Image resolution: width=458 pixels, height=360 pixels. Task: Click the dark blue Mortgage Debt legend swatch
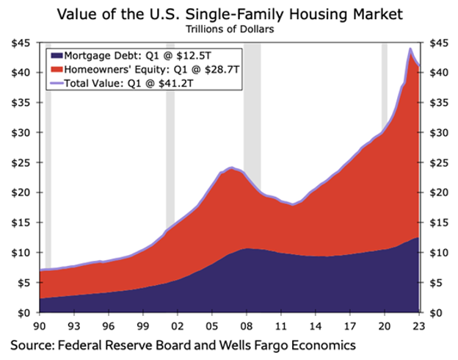click(x=56, y=56)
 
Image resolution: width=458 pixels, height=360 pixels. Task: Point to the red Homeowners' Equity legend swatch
click(x=56, y=70)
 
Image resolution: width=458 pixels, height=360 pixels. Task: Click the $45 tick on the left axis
click(x=19, y=43)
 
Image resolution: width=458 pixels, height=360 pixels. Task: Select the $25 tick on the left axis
click(x=19, y=162)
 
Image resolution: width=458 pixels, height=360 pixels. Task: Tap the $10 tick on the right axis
click(x=437, y=253)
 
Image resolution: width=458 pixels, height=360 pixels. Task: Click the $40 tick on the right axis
click(x=437, y=73)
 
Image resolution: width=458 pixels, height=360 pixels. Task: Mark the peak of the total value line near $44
click(x=410, y=49)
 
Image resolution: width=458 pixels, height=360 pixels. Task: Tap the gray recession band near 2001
click(x=170, y=147)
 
